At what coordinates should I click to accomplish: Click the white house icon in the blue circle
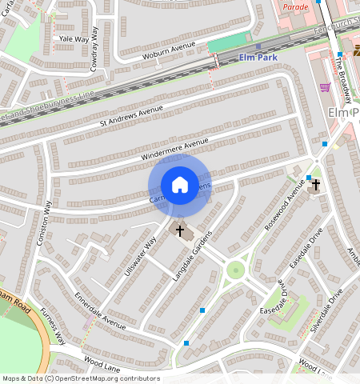click(x=180, y=185)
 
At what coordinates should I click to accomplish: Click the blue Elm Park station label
click(x=256, y=58)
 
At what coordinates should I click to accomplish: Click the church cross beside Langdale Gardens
click(x=181, y=232)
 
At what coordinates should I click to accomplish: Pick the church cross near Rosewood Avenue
click(x=316, y=185)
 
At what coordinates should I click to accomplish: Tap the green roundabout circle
click(x=234, y=270)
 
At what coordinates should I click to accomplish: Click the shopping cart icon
click(x=324, y=86)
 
